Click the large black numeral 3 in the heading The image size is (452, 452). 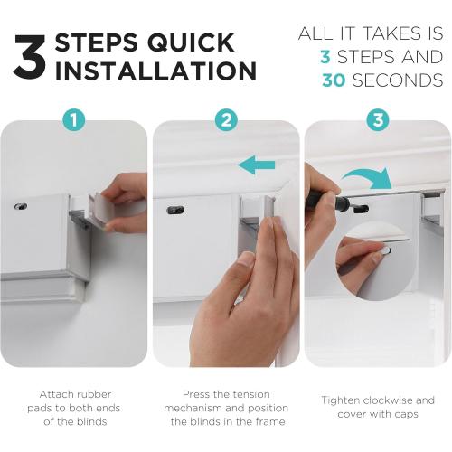tap(30, 57)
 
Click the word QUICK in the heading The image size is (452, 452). tap(191, 42)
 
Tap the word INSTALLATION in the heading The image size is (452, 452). tap(155, 71)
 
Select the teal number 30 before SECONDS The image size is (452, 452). tap(334, 80)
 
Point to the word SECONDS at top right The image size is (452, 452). tap(398, 80)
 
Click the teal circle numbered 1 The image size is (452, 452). tap(74, 120)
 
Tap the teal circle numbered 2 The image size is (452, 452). tap(226, 120)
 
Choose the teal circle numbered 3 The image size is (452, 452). tap(378, 120)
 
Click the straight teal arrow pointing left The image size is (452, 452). tap(257, 165)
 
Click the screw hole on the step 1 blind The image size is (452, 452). tap(21, 206)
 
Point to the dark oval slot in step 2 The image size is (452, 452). tap(175, 210)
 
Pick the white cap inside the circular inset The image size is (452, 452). tap(385, 250)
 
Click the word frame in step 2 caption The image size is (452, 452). tap(270, 421)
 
